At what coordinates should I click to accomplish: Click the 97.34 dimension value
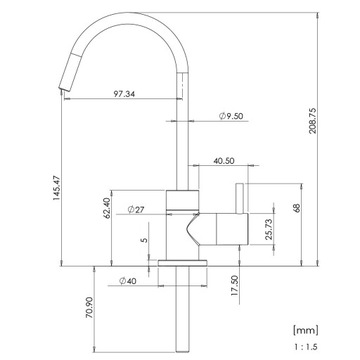124,94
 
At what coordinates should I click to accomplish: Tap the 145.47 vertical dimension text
56,188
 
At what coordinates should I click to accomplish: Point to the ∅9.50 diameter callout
231,116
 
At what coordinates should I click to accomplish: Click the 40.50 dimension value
224,161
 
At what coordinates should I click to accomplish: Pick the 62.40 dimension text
106,208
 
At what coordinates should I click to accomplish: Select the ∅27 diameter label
136,209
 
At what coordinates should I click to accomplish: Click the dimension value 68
297,208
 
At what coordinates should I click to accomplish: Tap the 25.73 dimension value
270,229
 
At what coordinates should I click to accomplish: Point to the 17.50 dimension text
235,285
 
